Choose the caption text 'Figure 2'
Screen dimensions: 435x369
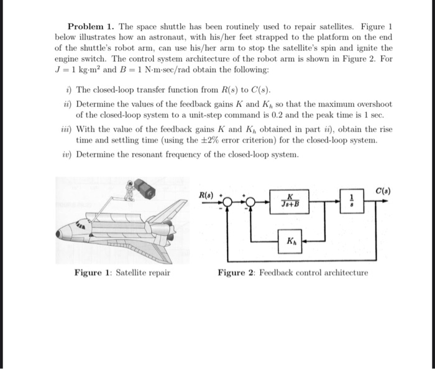pos(236,273)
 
